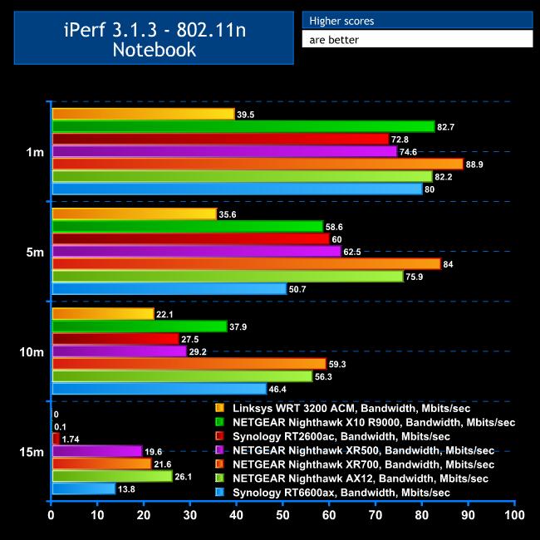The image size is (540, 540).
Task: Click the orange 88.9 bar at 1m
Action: pyautogui.click(x=258, y=164)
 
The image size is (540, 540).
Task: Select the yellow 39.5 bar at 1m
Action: pyautogui.click(x=143, y=114)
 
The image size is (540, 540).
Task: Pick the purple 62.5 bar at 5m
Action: pyautogui.click(x=196, y=251)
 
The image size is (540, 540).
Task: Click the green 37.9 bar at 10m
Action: pyautogui.click(x=140, y=326)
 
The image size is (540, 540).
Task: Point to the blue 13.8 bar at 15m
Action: pyautogui.click(x=84, y=488)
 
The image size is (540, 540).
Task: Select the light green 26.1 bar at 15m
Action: pyautogui.click(x=112, y=476)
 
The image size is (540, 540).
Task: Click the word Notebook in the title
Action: pyautogui.click(x=154, y=49)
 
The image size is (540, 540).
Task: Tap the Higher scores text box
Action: pyautogui.click(x=416, y=20)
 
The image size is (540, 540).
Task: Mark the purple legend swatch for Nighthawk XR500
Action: pyautogui.click(x=219, y=450)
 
